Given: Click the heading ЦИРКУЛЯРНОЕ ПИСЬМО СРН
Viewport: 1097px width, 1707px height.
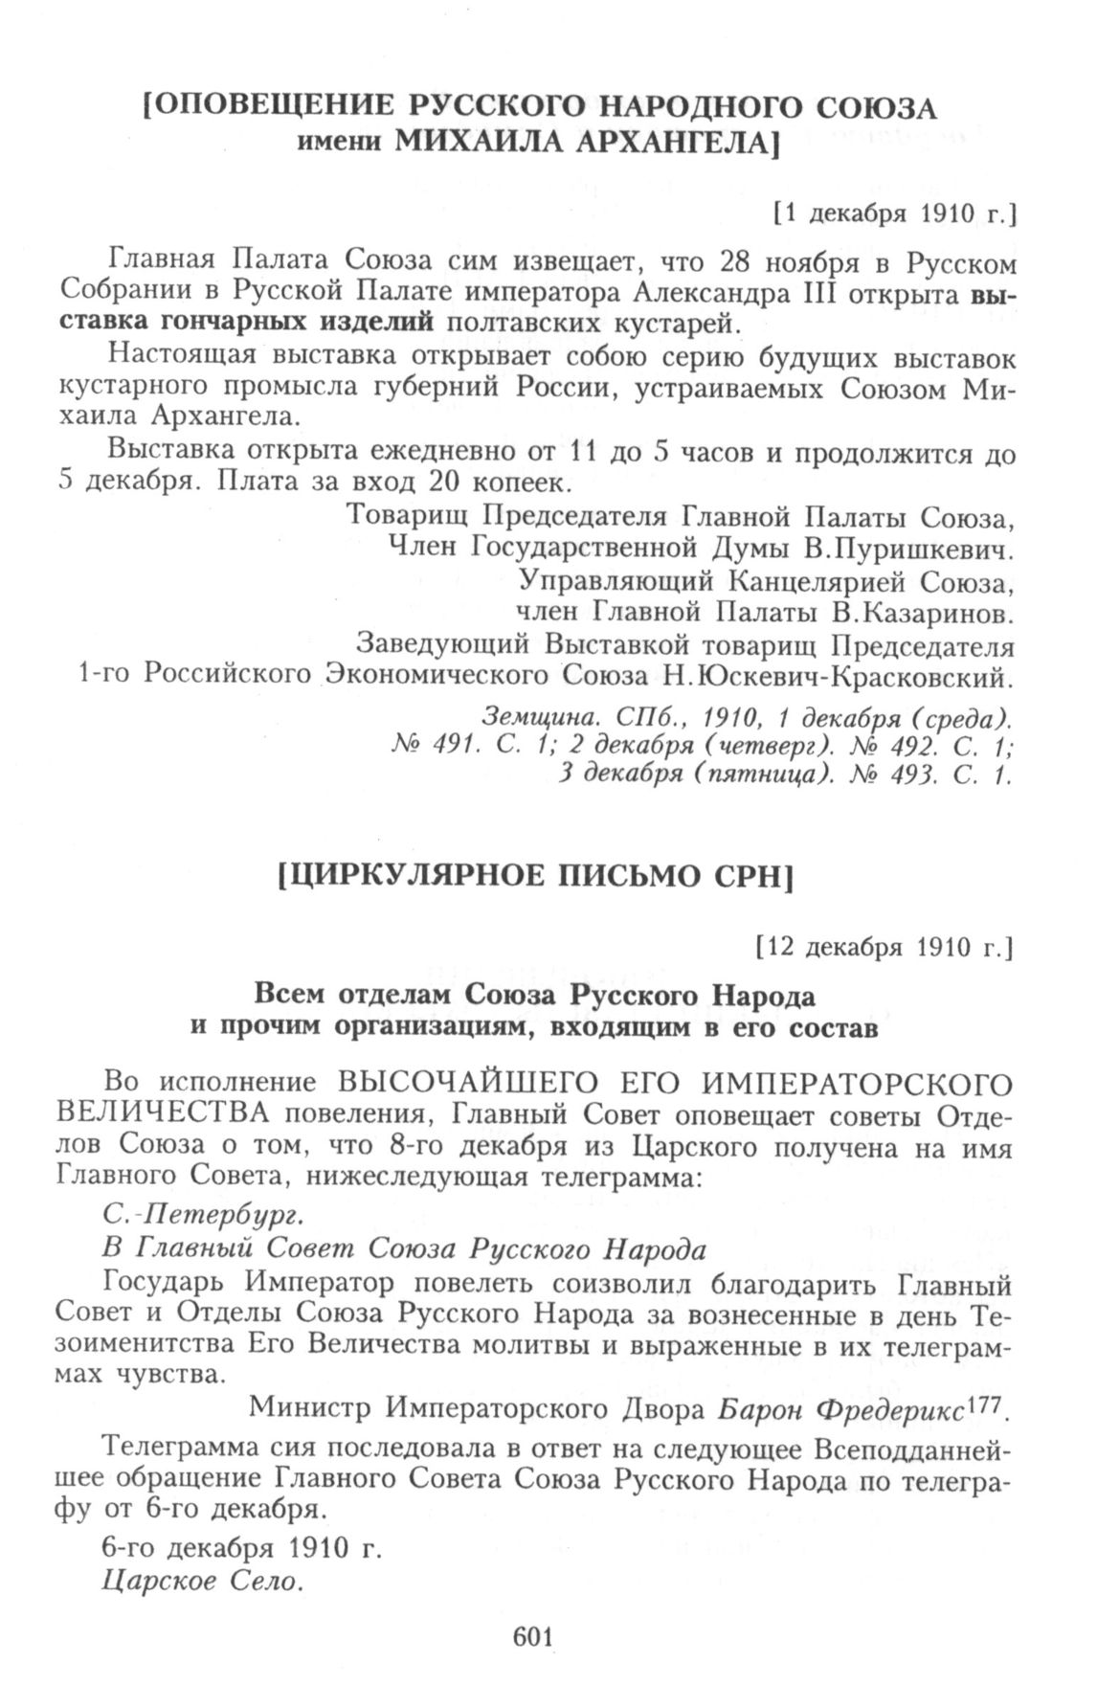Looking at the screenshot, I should point(536,877).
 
